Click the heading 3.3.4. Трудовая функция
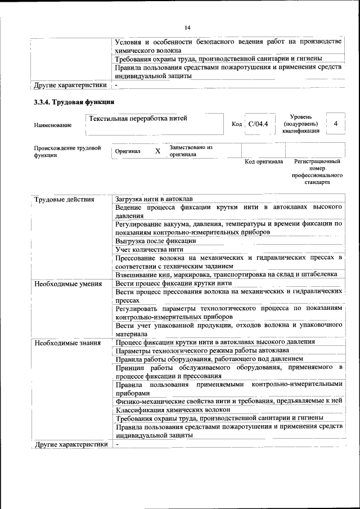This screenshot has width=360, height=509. tap(74, 102)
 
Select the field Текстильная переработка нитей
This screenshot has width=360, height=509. tap(137, 118)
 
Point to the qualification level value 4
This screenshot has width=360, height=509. tap(336, 123)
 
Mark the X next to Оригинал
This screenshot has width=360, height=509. tap(157, 151)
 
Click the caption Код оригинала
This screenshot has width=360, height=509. tap(264, 162)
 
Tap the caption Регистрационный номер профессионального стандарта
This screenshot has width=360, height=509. tap(317, 172)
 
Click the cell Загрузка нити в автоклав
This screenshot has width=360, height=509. tap(154, 200)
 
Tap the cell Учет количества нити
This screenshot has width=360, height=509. tap(149, 249)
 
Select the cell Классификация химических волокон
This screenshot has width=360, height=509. tap(173, 409)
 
